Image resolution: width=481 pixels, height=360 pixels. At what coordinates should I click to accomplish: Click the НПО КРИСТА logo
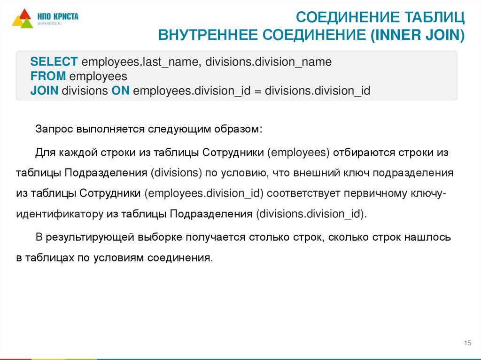pyautogui.click(x=45, y=19)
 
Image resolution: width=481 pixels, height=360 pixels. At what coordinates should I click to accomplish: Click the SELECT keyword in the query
pyautogui.click(x=54, y=62)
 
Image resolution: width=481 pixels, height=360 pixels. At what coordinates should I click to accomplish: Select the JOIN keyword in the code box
pyautogui.click(x=44, y=91)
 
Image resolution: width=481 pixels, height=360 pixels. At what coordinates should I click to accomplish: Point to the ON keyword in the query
pyautogui.click(x=120, y=91)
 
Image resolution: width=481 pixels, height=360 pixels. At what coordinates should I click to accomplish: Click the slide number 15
pyautogui.click(x=467, y=344)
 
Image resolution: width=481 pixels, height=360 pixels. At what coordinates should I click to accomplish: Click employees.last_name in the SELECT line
pyautogui.click(x=140, y=62)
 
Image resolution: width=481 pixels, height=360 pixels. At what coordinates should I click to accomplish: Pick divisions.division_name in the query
pyautogui.click(x=269, y=62)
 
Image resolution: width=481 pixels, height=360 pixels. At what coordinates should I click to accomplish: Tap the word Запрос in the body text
pyautogui.click(x=52, y=129)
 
